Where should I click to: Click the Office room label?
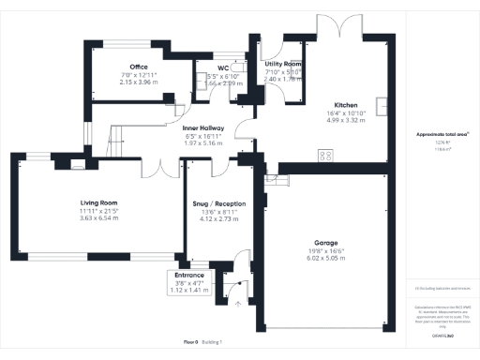pos(140,67)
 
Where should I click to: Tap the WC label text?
pos(223,67)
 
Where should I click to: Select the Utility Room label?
pos(282,62)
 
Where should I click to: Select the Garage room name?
pos(326,242)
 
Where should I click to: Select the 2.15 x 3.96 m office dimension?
pos(140,82)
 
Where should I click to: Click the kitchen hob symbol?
pos(326,156)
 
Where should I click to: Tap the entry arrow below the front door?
pos(237,303)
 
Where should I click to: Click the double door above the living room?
pos(165,170)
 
